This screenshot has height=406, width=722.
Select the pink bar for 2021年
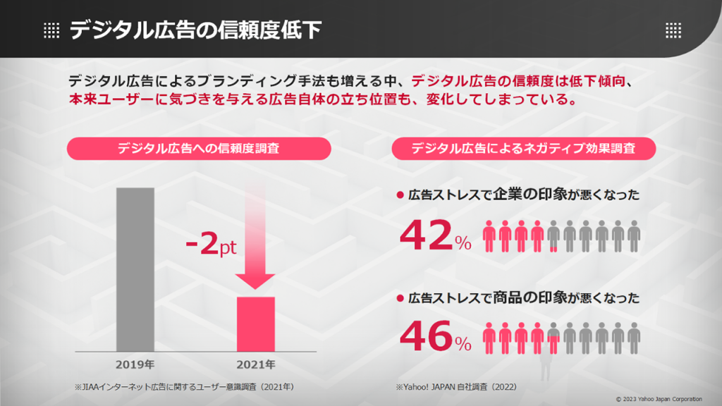(255, 324)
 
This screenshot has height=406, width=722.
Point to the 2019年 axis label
(135, 365)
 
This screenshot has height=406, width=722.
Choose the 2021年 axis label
(255, 365)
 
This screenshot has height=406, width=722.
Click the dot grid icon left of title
(51, 30)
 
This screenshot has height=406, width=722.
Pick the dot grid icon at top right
(673, 30)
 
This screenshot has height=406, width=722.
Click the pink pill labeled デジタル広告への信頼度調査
(198, 149)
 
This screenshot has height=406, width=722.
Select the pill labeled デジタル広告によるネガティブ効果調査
(523, 149)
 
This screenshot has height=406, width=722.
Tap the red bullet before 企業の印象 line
(399, 195)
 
